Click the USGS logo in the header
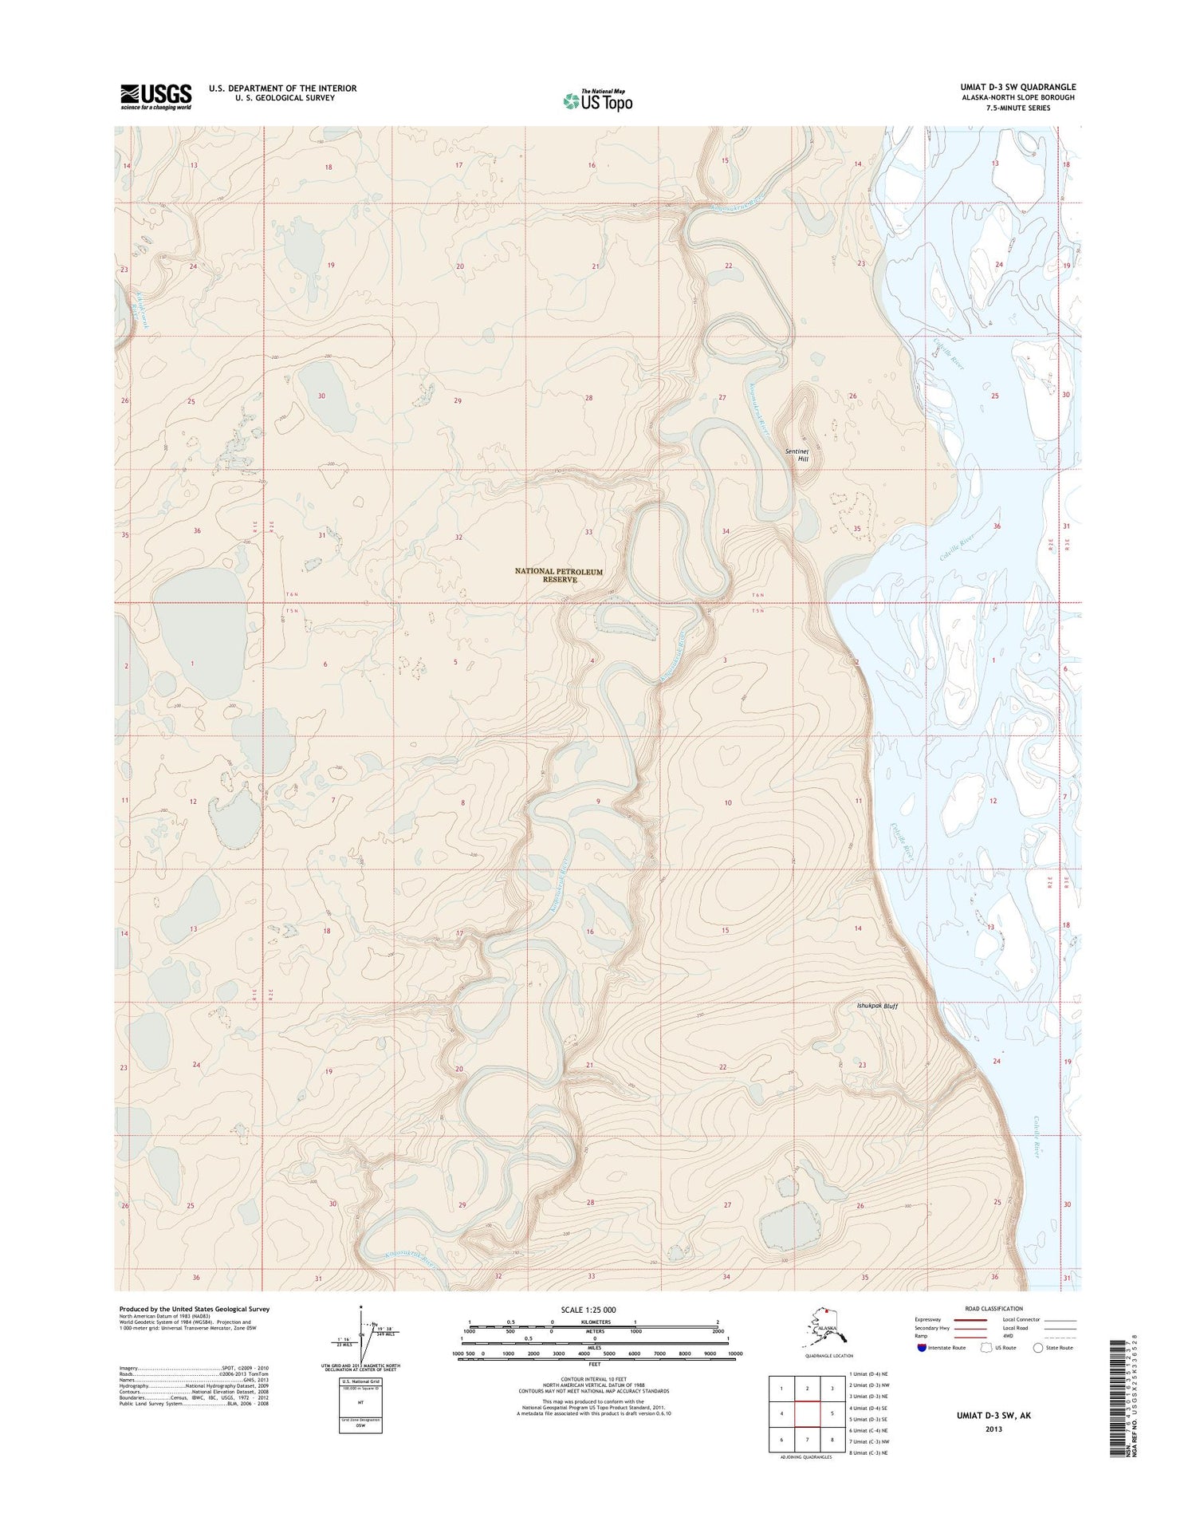click(x=155, y=97)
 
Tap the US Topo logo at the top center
click(x=598, y=100)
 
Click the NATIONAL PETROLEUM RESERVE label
click(x=558, y=575)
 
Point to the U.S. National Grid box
click(x=360, y=1405)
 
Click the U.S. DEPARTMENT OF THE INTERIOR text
click(x=282, y=88)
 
